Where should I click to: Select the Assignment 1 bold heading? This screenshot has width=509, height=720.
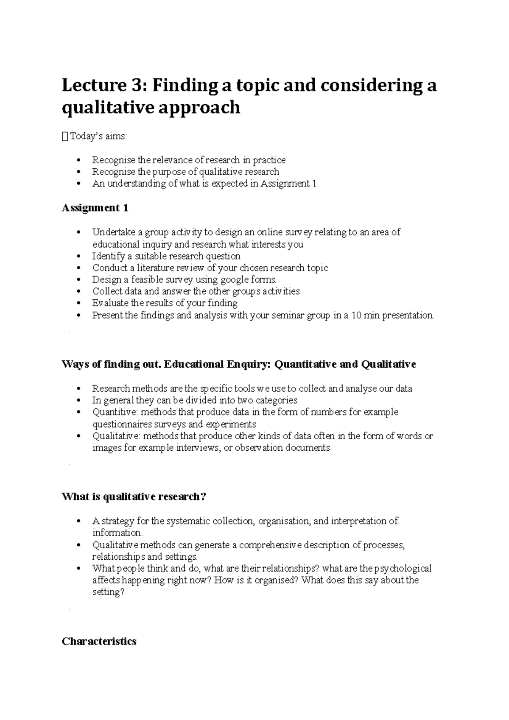[x=95, y=208]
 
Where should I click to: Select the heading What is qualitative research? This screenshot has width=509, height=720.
[x=134, y=497]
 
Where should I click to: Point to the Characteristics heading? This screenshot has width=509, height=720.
[x=99, y=641]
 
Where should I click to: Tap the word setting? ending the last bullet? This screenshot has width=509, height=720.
[x=108, y=592]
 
